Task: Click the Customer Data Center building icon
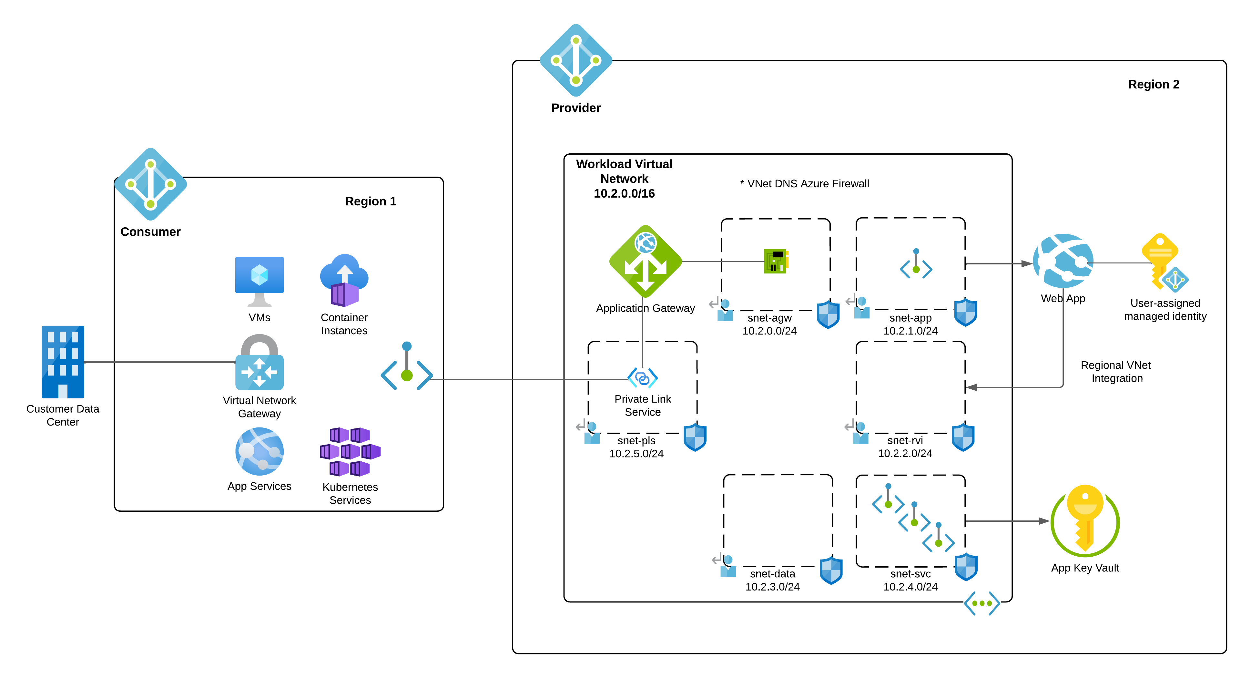(x=63, y=362)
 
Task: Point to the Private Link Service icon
(x=643, y=377)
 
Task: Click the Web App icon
(x=1063, y=261)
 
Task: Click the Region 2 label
(x=1154, y=85)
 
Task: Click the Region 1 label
(x=371, y=201)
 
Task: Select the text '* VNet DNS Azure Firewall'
(x=804, y=184)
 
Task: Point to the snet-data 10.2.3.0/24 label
(x=772, y=580)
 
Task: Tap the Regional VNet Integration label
(x=1116, y=372)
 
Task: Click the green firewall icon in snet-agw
(x=776, y=261)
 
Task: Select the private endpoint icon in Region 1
(x=407, y=369)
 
